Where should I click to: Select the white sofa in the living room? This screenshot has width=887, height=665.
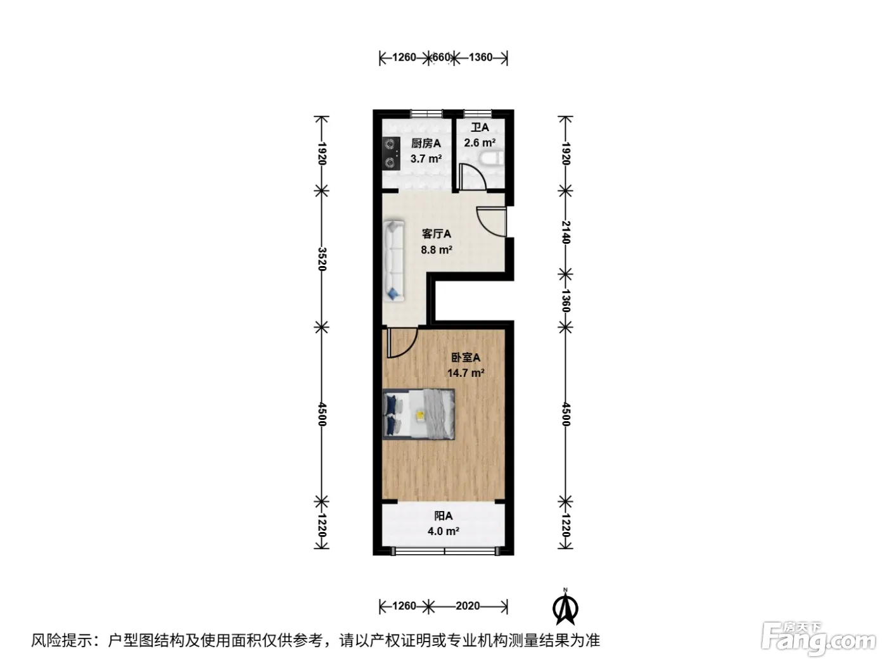pyautogui.click(x=393, y=261)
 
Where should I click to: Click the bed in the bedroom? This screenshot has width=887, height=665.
pyautogui.click(x=419, y=414)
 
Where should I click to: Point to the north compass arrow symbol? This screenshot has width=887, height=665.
pyautogui.click(x=565, y=607)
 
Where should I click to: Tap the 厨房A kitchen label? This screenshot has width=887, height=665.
pyautogui.click(x=426, y=143)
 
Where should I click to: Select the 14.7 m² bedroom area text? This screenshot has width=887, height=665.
pyautogui.click(x=466, y=372)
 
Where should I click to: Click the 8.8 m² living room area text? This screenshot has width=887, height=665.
pyautogui.click(x=437, y=250)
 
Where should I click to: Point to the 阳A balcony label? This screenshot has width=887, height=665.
pyautogui.click(x=443, y=516)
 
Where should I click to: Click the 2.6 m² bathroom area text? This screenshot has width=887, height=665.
pyautogui.click(x=480, y=143)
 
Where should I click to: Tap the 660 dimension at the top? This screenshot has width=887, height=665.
pyautogui.click(x=441, y=58)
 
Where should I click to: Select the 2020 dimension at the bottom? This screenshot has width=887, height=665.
pyautogui.click(x=468, y=605)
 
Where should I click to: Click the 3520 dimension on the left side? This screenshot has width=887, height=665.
pyautogui.click(x=322, y=259)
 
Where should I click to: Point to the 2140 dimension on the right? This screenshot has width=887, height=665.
pyautogui.click(x=566, y=232)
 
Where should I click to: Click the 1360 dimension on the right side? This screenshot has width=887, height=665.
pyautogui.click(x=566, y=300)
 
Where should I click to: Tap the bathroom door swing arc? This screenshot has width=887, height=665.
pyautogui.click(x=477, y=173)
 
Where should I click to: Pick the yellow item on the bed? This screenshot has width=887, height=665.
pyautogui.click(x=421, y=415)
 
